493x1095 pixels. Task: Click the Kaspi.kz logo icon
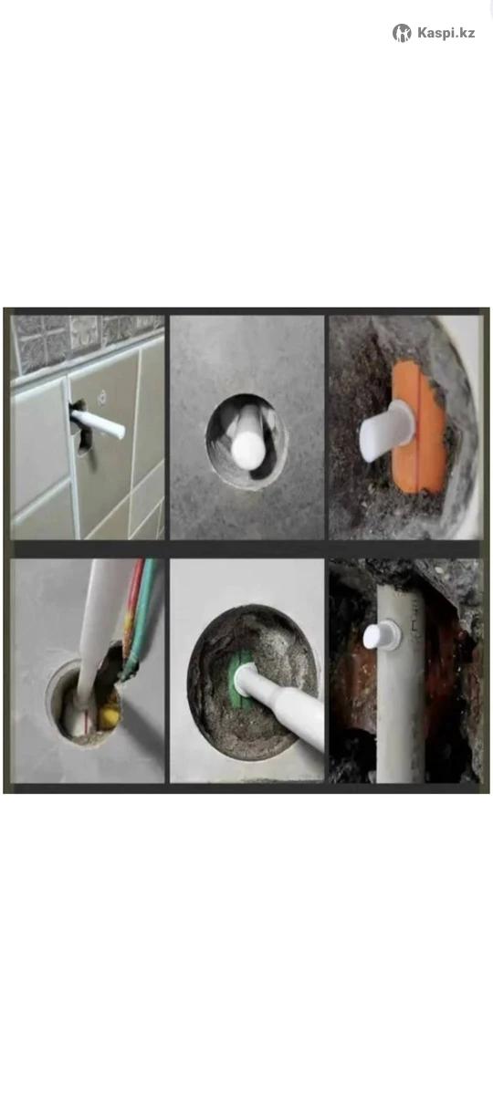402,33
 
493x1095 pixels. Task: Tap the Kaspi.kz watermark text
446,33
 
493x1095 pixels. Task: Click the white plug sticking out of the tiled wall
99,423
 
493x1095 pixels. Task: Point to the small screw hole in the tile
101,397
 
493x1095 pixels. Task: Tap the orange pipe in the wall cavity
419,426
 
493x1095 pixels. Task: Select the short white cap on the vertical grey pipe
381,635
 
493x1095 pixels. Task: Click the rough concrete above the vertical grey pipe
406,573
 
